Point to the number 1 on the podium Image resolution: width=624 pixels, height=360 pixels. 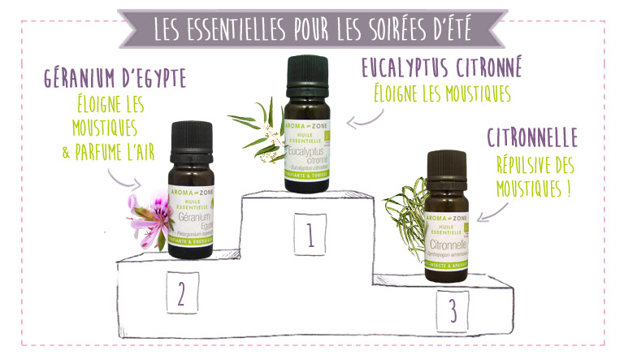click(x=310, y=235)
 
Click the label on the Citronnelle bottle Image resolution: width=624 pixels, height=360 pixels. click(x=446, y=236)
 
